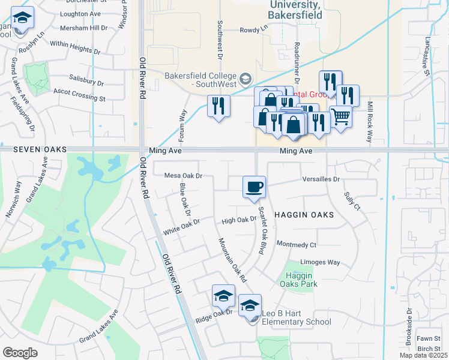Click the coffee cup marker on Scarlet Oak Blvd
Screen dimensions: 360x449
[254, 187]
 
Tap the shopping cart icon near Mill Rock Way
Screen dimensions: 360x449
[340, 117]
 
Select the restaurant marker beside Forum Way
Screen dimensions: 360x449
[218, 107]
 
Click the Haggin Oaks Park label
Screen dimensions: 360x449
[298, 280]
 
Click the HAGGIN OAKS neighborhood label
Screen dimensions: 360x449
[304, 214]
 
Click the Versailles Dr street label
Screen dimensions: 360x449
[322, 179]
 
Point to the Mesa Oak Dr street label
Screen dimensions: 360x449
[184, 176]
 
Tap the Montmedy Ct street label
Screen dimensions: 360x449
[296, 244]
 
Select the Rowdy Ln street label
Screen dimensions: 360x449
[254, 29]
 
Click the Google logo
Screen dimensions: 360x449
[20, 352]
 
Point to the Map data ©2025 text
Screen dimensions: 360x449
[424, 356]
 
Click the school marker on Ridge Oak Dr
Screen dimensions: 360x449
[223, 296]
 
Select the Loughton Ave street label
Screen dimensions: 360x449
[80, 13]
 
